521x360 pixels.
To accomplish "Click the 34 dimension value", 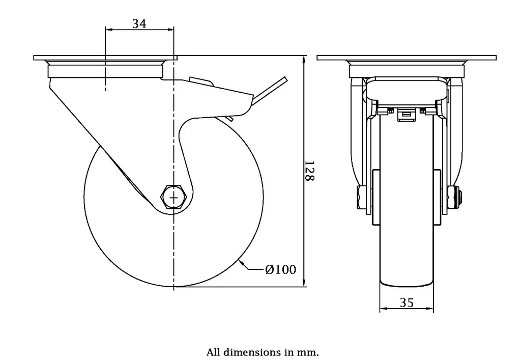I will tap(139, 23).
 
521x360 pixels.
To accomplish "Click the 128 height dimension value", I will tap(309, 171).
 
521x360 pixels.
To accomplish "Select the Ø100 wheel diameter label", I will tap(280, 269).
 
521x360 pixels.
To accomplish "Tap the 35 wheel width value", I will tap(407, 303).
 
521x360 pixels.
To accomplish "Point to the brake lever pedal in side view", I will tap(270, 92).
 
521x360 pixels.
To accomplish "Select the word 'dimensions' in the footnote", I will tap(249, 352).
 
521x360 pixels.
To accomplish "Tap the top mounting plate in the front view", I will tap(407, 58).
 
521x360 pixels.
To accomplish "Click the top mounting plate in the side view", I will tap(105, 58).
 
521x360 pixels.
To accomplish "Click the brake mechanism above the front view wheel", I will tap(407, 113).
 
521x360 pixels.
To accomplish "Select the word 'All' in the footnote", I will tap(213, 352).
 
